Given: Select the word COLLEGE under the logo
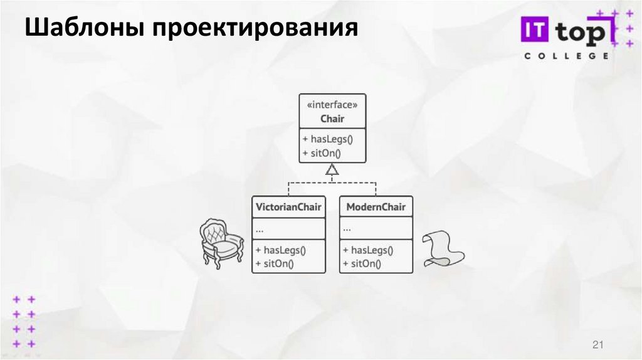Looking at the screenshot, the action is [566, 56].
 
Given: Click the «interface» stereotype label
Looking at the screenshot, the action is [332, 105].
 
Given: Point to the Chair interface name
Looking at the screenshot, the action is [332, 119].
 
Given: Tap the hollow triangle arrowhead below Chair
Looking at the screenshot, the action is [332, 169].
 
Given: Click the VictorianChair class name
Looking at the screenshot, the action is [289, 207].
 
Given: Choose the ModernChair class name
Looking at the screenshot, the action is [376, 207].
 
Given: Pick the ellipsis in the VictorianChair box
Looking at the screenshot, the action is [260, 228].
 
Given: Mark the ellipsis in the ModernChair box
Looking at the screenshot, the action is [347, 228].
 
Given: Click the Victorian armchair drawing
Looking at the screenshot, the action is [221, 243].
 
